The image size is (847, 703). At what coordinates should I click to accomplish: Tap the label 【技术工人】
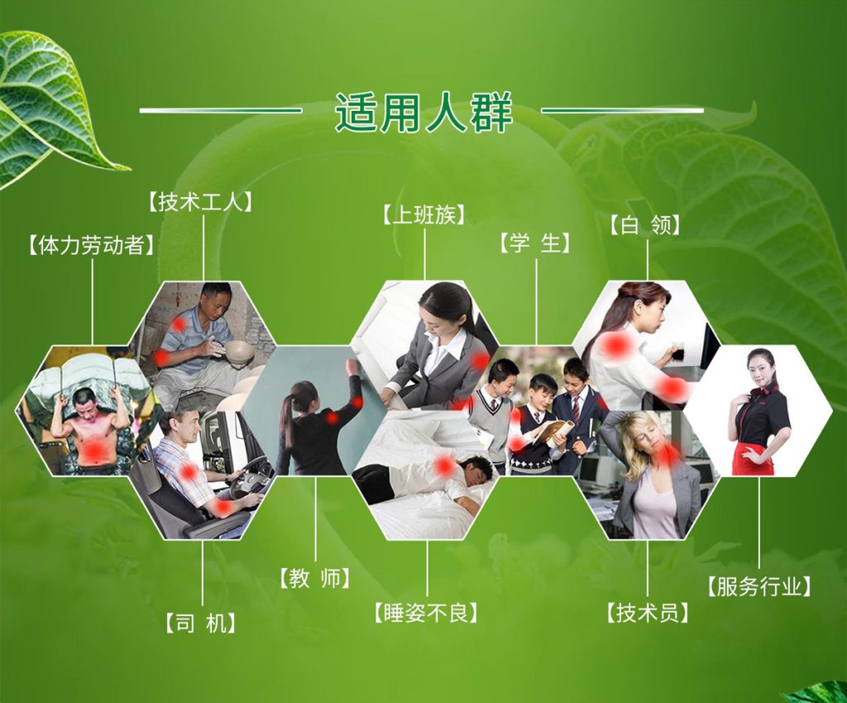(200, 202)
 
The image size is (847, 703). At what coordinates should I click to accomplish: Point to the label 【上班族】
(424, 214)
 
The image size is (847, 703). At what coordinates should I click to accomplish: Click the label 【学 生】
(535, 243)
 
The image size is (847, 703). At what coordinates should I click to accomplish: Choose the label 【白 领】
(645, 225)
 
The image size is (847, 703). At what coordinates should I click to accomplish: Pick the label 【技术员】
(648, 613)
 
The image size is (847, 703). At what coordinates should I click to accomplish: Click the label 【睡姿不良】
(426, 613)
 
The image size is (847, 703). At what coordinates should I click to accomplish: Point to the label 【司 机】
(201, 623)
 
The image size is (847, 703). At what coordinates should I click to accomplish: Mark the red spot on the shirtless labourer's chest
(96, 448)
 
